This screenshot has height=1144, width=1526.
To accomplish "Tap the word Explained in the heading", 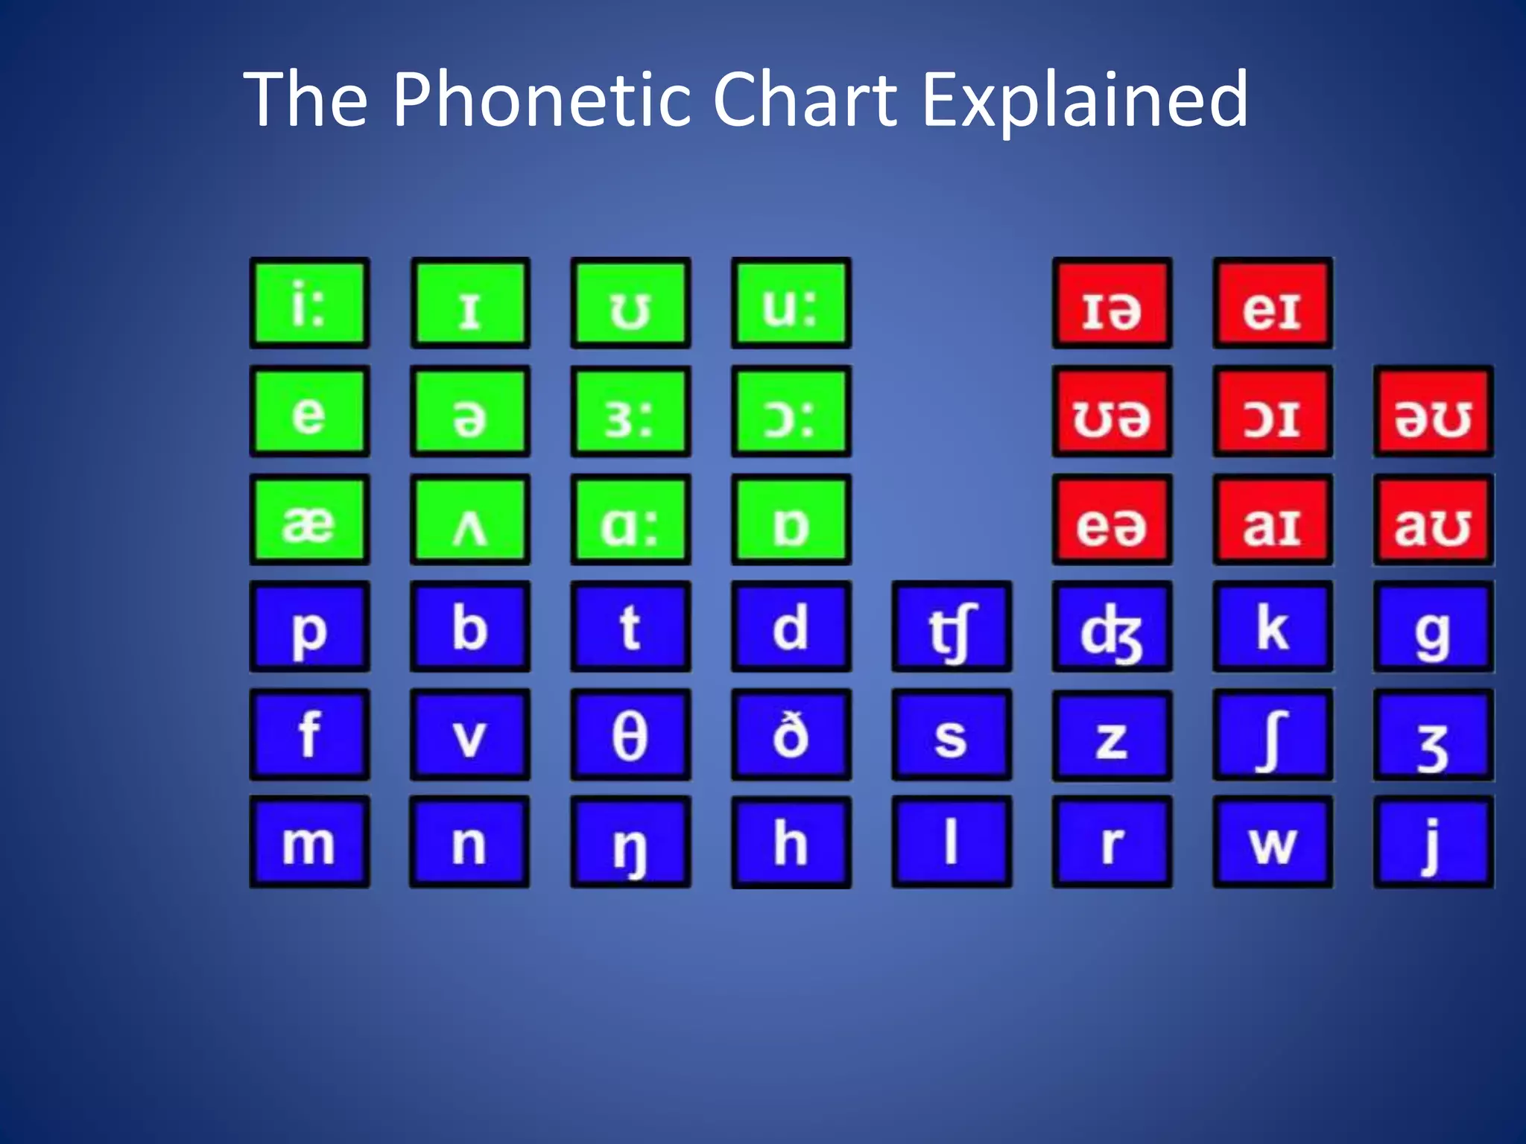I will [x=1085, y=99].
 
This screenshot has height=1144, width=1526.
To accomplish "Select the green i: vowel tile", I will [x=309, y=303].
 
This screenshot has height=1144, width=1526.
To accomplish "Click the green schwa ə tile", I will [x=470, y=411].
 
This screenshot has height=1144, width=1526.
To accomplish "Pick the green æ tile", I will [x=309, y=519].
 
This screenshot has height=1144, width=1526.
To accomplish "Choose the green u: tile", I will [x=791, y=303].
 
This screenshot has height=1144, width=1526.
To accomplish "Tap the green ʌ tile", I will [x=470, y=519].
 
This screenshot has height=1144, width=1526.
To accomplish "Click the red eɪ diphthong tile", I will [x=1273, y=303].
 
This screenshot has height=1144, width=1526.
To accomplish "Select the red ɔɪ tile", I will [x=1273, y=411].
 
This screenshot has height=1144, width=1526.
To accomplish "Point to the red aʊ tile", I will [x=1433, y=519].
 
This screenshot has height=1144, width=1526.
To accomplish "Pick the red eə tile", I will [x=1112, y=519].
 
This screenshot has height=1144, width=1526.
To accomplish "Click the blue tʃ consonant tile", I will [x=952, y=626].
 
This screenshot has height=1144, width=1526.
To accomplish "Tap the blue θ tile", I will [x=630, y=734].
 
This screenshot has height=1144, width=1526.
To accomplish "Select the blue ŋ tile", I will [x=630, y=842].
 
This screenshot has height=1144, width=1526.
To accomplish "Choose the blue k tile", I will [x=1273, y=626].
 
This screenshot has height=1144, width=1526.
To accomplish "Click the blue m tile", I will [x=309, y=842].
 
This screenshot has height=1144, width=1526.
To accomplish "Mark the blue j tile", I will [x=1433, y=842].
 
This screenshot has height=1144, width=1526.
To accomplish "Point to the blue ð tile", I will [x=791, y=734].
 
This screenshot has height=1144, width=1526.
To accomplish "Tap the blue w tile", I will [x=1273, y=842].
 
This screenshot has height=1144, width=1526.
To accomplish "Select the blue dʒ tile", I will [x=1112, y=626].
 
